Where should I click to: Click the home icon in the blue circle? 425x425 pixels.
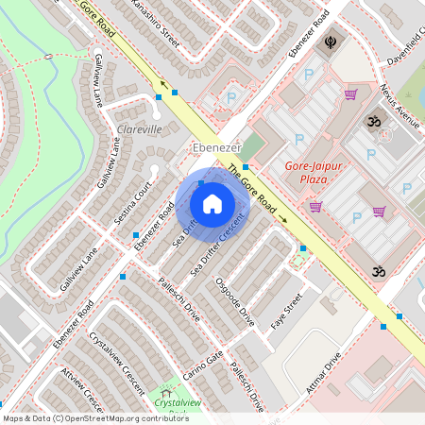[x=212, y=204]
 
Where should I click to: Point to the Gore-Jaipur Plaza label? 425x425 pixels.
[x=313, y=175]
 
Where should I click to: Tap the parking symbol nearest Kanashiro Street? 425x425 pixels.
[x=229, y=96]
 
